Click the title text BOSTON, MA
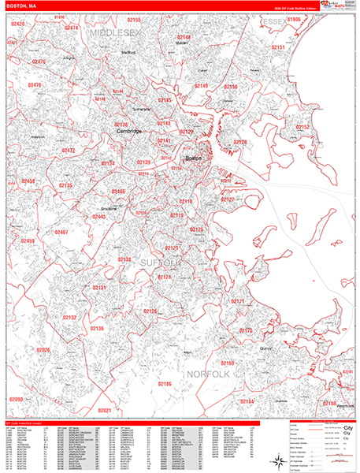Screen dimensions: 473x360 point(20,6)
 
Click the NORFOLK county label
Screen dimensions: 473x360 point(207,374)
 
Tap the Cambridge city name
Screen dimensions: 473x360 point(129,131)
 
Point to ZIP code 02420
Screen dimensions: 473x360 point(18,24)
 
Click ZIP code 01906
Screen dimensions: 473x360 point(294,19)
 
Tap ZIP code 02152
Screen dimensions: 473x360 point(302,127)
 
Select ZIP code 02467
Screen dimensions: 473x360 point(61,233)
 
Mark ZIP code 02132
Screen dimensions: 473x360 point(70,317)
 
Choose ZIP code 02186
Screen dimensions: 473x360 point(165,383)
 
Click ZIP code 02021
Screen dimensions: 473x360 point(105,410)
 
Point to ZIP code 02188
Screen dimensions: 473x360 point(329,404)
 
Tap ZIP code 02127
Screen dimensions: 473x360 point(227,199)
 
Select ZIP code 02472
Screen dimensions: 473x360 point(69,150)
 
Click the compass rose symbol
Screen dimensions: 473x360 point(277,460)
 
